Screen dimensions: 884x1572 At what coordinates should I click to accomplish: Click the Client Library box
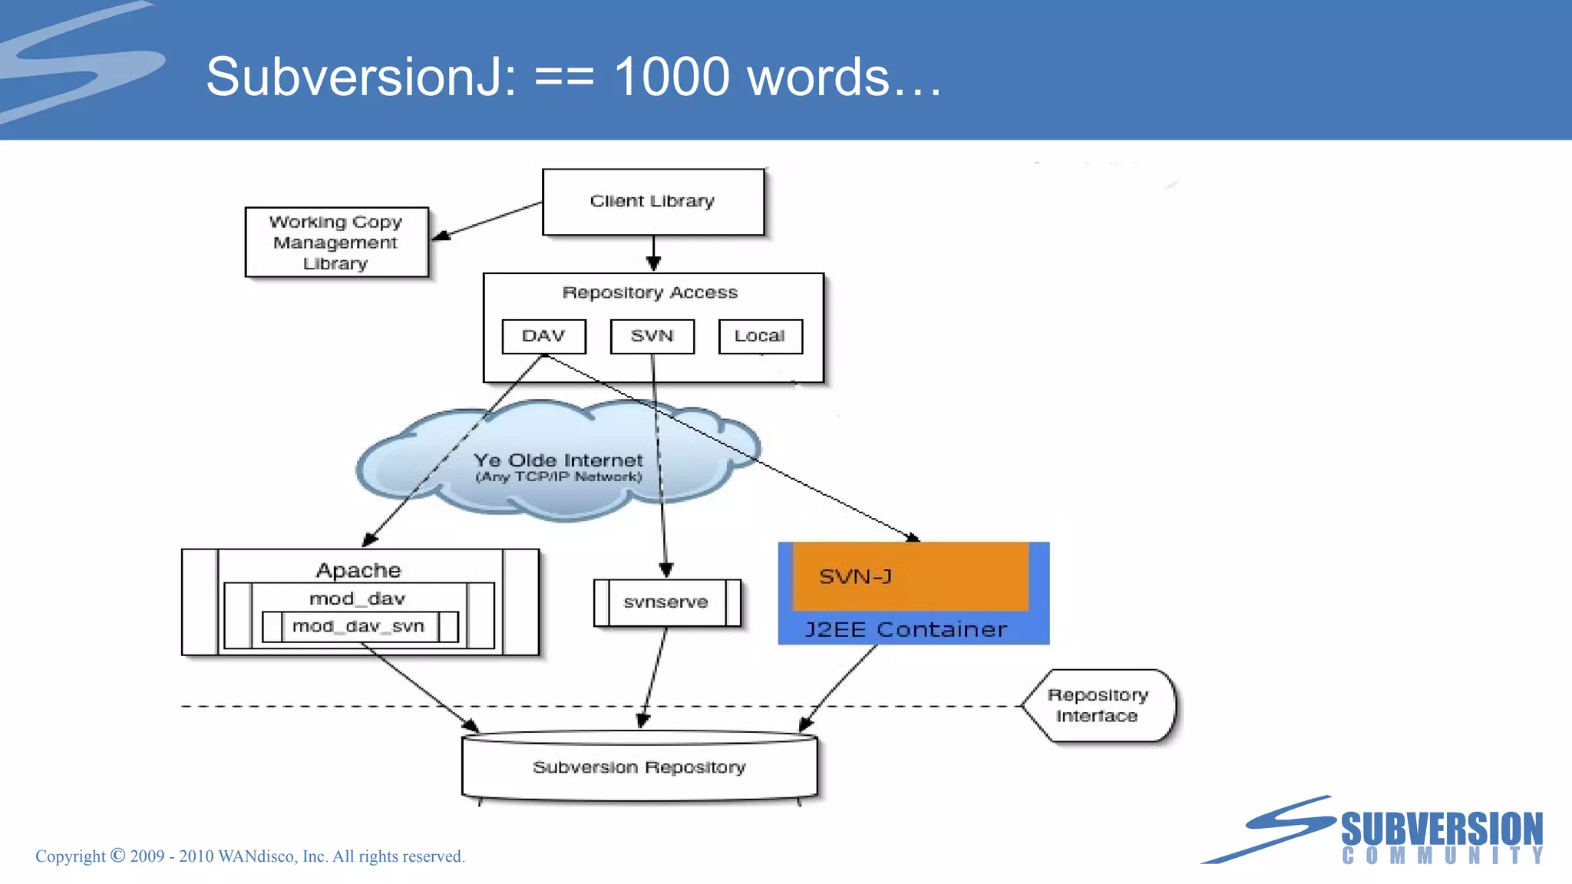[x=652, y=201]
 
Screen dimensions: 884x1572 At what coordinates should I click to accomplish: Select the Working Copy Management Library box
[x=336, y=242]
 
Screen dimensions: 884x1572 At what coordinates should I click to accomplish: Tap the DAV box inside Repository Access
[x=543, y=336]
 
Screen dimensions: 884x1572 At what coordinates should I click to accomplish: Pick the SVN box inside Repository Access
[x=652, y=336]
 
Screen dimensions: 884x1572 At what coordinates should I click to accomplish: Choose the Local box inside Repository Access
[x=760, y=336]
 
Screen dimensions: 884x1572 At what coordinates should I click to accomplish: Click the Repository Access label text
[x=649, y=292]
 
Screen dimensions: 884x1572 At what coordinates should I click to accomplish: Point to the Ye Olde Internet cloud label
[x=558, y=461]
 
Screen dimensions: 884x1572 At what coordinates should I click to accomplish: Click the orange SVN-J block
[x=910, y=576]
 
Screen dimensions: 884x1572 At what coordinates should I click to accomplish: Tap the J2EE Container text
[x=906, y=630]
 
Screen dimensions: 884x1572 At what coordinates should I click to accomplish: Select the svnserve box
[x=665, y=602]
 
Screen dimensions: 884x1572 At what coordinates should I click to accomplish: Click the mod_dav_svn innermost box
[x=358, y=626]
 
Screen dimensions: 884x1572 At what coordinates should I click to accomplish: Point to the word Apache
[x=358, y=570]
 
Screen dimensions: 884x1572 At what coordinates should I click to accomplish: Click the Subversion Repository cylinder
[x=639, y=767]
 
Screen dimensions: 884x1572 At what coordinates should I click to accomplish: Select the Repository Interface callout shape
[x=1098, y=705]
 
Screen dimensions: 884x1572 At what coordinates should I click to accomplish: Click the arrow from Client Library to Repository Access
[x=653, y=253]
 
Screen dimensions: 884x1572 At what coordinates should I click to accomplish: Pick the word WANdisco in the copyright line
[x=257, y=856]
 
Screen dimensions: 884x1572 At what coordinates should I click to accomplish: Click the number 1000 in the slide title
[x=672, y=77]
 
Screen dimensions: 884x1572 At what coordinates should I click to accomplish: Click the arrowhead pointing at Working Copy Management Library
[x=441, y=236]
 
